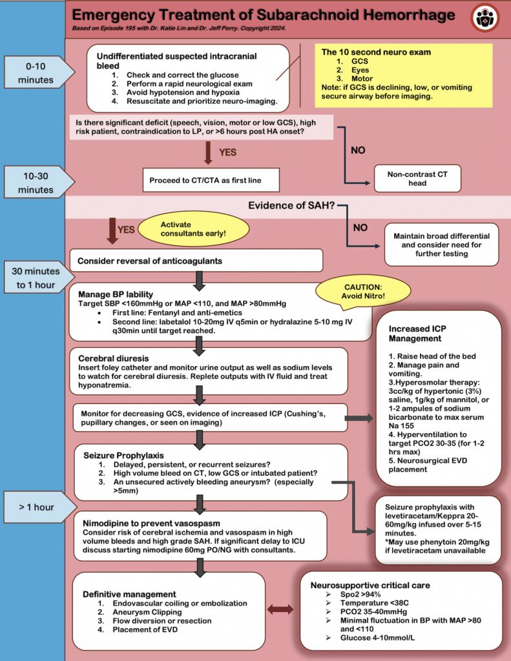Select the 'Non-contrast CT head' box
[x=417, y=178]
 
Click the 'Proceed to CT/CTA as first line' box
[x=211, y=179]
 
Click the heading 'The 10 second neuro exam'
[x=367, y=52]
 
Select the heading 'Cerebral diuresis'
[x=116, y=358]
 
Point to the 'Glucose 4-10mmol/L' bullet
[x=370, y=638]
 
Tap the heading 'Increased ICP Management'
[x=417, y=334]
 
